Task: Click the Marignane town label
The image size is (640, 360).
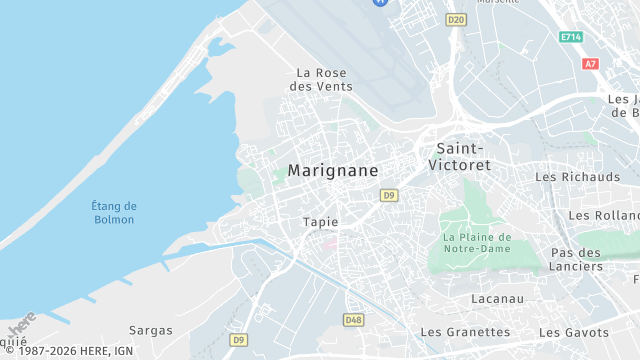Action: point(333,171)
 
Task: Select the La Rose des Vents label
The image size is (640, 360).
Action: point(320,80)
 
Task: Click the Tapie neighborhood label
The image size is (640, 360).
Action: point(320,222)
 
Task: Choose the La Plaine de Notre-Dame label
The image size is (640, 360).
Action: point(477,243)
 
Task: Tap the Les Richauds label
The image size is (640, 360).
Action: point(578,177)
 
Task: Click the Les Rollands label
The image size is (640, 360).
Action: point(604,216)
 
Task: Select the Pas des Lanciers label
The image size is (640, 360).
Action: point(576,260)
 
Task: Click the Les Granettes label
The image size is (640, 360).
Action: point(465,332)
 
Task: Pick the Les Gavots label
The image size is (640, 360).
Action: point(573,332)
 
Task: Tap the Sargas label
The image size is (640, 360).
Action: point(151,330)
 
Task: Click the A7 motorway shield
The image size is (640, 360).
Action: point(590,63)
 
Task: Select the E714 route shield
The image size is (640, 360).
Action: point(571,37)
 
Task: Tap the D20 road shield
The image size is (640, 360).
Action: point(457,19)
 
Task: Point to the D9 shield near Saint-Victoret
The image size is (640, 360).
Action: point(389,195)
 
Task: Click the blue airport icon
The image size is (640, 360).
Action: point(380,2)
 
